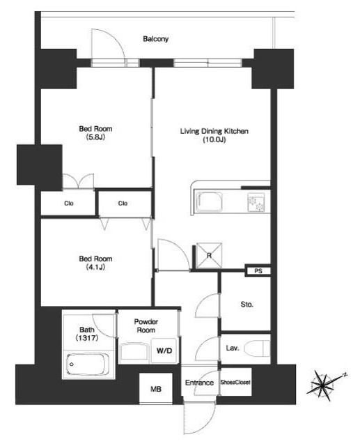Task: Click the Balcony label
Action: [155, 39]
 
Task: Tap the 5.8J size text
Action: [95, 137]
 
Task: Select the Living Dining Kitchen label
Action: [214, 131]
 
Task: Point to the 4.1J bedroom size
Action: [95, 267]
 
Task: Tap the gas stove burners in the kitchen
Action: [256, 202]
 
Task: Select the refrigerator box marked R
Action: [209, 256]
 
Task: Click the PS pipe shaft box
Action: [258, 271]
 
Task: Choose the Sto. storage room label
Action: [246, 305]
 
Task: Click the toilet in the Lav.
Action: [257, 348]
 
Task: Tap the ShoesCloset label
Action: [235, 383]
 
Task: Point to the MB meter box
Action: [156, 389]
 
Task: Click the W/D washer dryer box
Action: [164, 351]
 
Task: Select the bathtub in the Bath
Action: [88, 364]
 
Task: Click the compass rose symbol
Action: [324, 385]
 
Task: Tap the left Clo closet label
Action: [69, 203]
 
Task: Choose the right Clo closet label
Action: [123, 203]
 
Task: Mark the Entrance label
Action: [199, 383]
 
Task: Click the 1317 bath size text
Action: [87, 338]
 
